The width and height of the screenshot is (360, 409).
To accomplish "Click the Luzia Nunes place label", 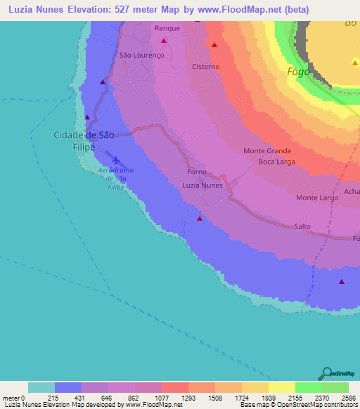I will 202,186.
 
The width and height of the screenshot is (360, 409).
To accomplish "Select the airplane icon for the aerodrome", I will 115,161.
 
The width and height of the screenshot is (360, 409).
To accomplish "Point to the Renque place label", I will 167,29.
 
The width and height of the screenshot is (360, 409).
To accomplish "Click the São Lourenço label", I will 141,55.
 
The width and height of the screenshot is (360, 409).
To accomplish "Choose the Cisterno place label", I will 206,67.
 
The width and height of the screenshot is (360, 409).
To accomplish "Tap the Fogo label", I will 299,72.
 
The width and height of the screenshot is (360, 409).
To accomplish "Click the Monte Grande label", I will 267,151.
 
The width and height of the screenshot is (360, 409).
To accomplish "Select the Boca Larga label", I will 276,162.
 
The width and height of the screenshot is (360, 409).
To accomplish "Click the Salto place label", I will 302,226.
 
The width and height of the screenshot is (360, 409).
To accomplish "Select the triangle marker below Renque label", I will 163,41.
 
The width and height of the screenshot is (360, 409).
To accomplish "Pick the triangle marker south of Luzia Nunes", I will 200,219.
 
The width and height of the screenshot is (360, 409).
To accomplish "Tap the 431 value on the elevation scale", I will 82,398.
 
